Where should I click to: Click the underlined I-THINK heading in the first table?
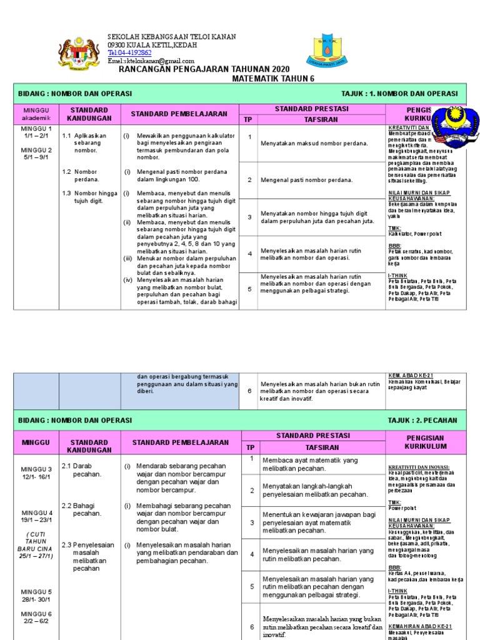coord(398,274)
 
